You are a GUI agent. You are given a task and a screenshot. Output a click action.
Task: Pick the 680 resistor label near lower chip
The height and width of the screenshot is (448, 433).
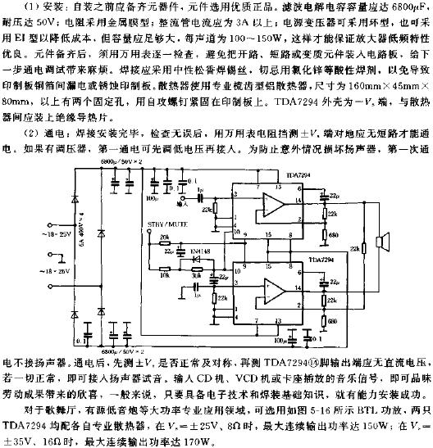pos(333,319)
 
